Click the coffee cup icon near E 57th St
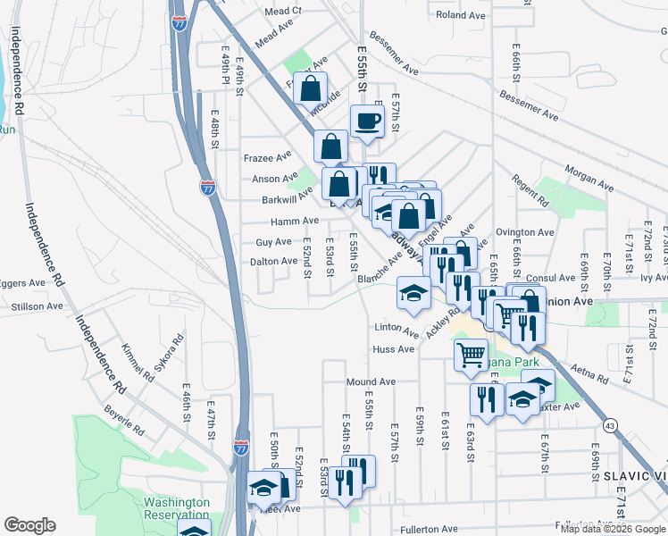coord(366,121)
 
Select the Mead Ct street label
coord(283,12)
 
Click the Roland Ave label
coord(459,15)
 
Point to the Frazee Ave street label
coord(268,157)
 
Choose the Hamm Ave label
coord(296,221)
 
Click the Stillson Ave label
coord(38,306)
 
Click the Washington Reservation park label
coord(177,509)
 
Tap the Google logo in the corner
coord(29,524)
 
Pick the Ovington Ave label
coord(525,232)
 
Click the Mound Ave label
coord(371,382)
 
